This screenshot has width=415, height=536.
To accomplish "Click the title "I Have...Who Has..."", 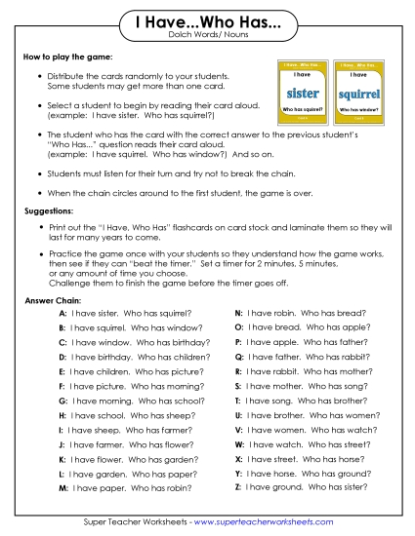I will click(x=207, y=22).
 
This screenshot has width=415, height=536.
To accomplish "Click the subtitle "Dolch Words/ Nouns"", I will click(x=207, y=36).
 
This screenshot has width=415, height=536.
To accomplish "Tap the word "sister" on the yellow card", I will click(x=300, y=94).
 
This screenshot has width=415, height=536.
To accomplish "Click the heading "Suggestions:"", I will click(x=51, y=211).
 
